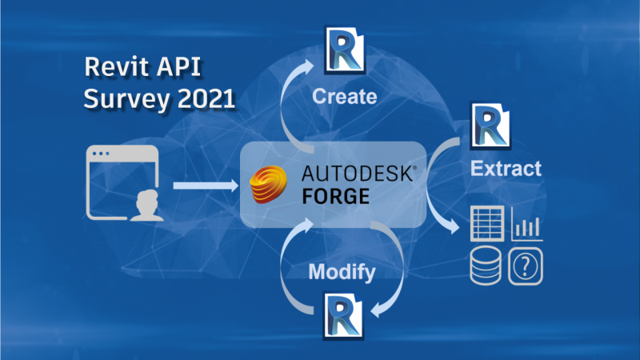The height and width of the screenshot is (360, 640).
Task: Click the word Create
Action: (x=344, y=98)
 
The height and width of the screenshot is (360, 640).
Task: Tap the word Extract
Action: (x=506, y=169)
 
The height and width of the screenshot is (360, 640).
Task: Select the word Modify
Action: (x=342, y=272)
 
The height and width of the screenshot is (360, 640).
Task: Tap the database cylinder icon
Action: (x=486, y=266)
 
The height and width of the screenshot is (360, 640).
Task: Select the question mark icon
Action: (x=526, y=266)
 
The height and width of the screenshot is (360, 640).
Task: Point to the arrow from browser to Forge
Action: (x=206, y=186)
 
